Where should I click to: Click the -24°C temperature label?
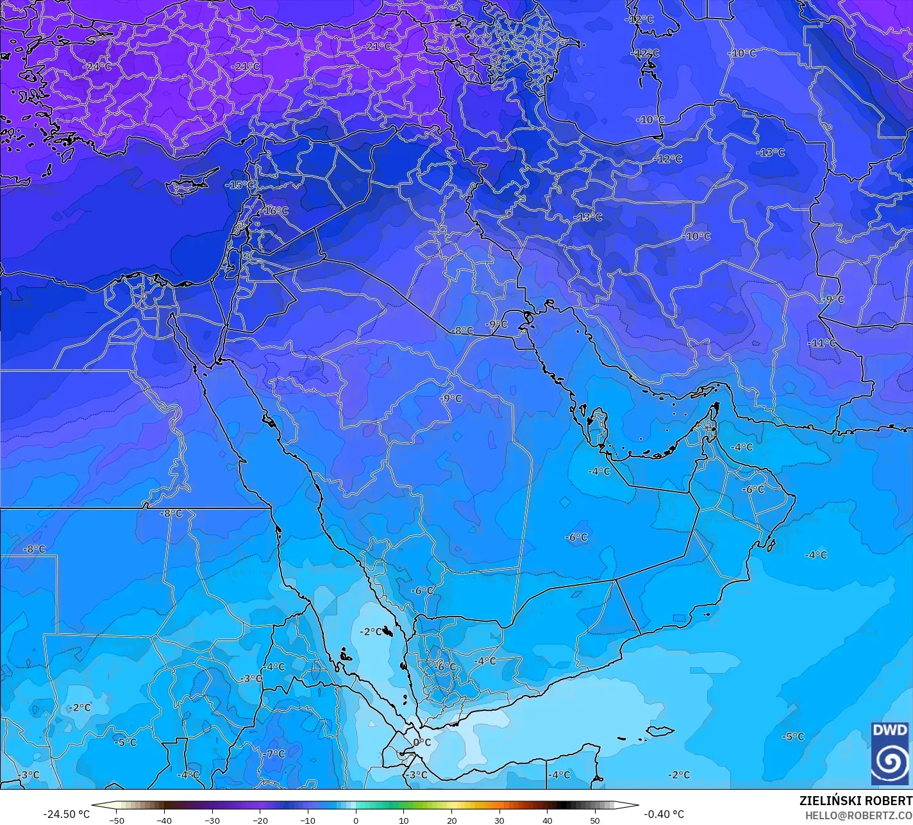[97, 66]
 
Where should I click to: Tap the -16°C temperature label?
[276, 210]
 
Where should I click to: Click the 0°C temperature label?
[422, 742]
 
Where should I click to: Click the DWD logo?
[890, 753]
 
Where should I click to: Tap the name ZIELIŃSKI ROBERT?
[855, 801]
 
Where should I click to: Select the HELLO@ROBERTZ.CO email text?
[859, 815]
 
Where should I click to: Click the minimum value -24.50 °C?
[66, 814]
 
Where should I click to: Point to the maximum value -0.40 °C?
[664, 814]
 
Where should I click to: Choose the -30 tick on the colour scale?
[212, 820]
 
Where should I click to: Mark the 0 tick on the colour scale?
[356, 820]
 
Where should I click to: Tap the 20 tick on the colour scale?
[451, 820]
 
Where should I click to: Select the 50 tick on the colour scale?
[595, 820]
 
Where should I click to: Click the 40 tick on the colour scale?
[547, 820]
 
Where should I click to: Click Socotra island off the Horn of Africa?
[660, 731]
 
